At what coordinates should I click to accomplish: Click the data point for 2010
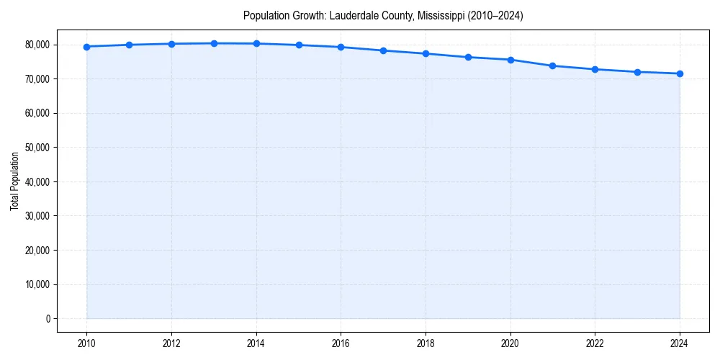(x=86, y=47)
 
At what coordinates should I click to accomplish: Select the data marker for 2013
(x=214, y=43)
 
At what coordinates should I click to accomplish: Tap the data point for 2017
(x=383, y=50)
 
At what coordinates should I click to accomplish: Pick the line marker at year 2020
(x=510, y=60)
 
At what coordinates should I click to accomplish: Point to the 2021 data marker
(x=552, y=66)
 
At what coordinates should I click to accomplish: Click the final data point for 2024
(x=680, y=73)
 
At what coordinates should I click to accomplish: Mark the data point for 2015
(x=299, y=45)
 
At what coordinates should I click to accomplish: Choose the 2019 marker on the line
(x=468, y=57)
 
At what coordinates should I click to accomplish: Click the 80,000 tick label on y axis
(x=36, y=45)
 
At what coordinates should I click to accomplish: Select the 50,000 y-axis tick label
(x=36, y=148)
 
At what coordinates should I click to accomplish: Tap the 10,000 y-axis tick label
(x=36, y=284)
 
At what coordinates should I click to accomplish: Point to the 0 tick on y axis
(x=46, y=319)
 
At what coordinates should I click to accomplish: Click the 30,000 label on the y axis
(x=36, y=216)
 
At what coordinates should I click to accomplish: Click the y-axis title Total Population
(x=14, y=181)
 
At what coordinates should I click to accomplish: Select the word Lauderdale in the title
(x=353, y=15)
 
